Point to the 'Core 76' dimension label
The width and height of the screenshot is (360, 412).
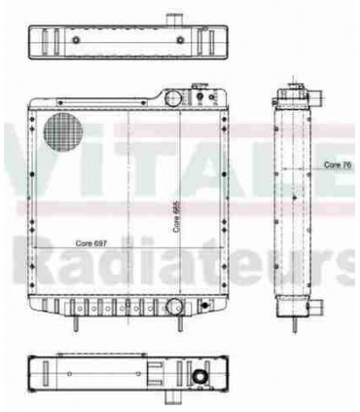[338, 166]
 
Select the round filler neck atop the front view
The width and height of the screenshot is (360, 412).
[171, 97]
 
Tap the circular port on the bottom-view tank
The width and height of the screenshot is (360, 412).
[198, 378]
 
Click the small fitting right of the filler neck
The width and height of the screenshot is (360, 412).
[202, 95]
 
